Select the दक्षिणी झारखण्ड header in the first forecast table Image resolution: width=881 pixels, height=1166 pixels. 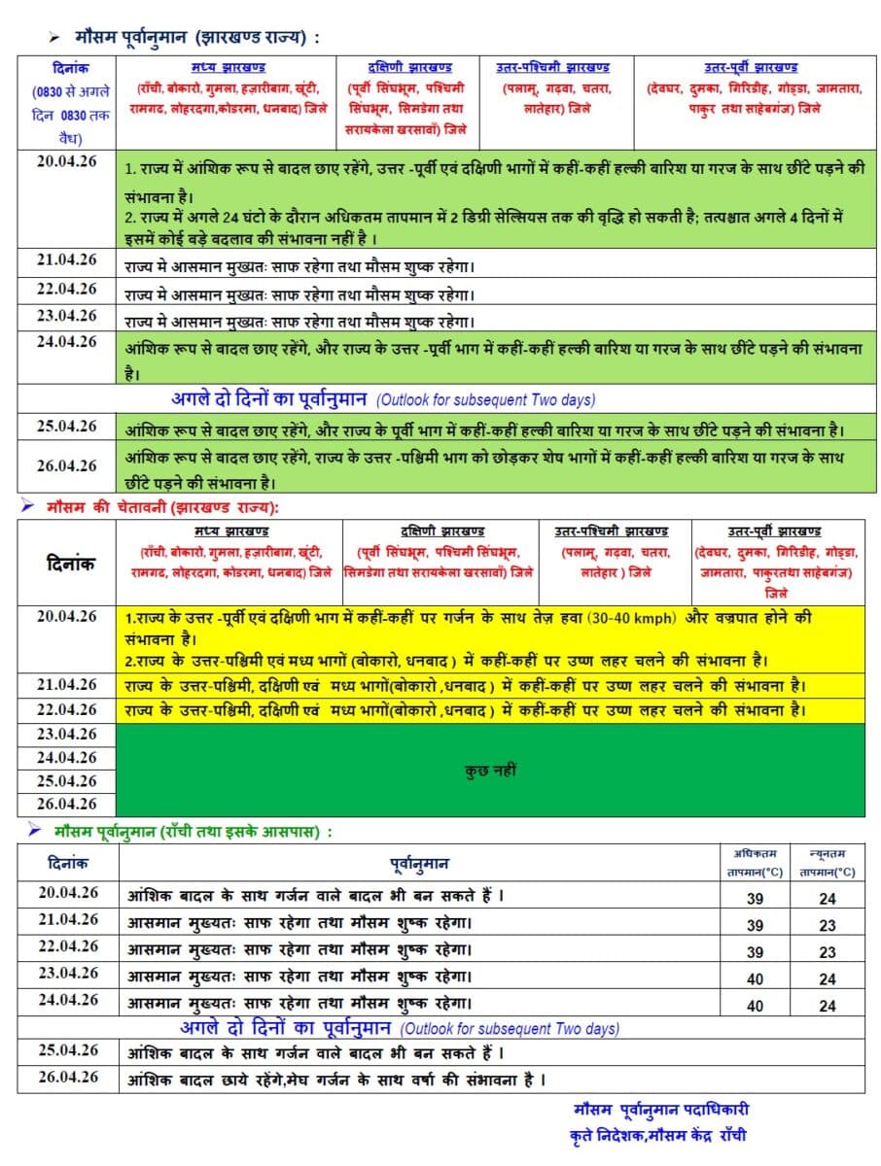(409, 67)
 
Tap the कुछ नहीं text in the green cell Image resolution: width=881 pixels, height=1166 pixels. (491, 771)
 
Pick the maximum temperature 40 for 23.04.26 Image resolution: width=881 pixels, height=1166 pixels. (755, 979)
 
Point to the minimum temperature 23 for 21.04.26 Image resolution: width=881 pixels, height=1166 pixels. (827, 926)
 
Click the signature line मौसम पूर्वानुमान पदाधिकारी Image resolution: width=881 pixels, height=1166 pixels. (661, 1110)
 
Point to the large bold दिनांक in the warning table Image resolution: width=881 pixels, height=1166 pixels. (67, 564)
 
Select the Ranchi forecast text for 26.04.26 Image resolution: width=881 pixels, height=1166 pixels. (335, 1080)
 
